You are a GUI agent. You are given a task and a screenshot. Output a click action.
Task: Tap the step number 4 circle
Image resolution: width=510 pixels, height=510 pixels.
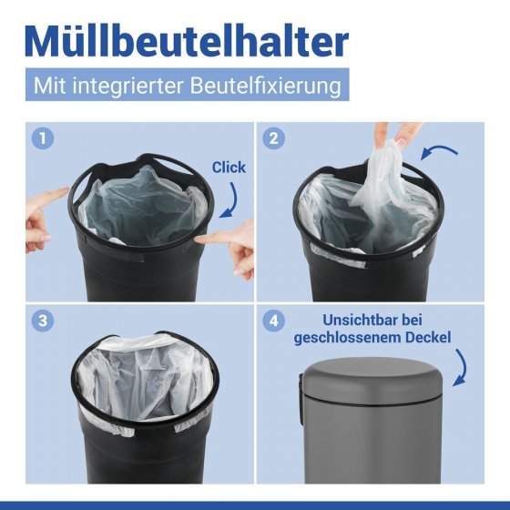click(x=270, y=321)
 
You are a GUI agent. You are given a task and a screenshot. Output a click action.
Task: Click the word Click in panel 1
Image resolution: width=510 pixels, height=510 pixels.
click(x=228, y=168)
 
